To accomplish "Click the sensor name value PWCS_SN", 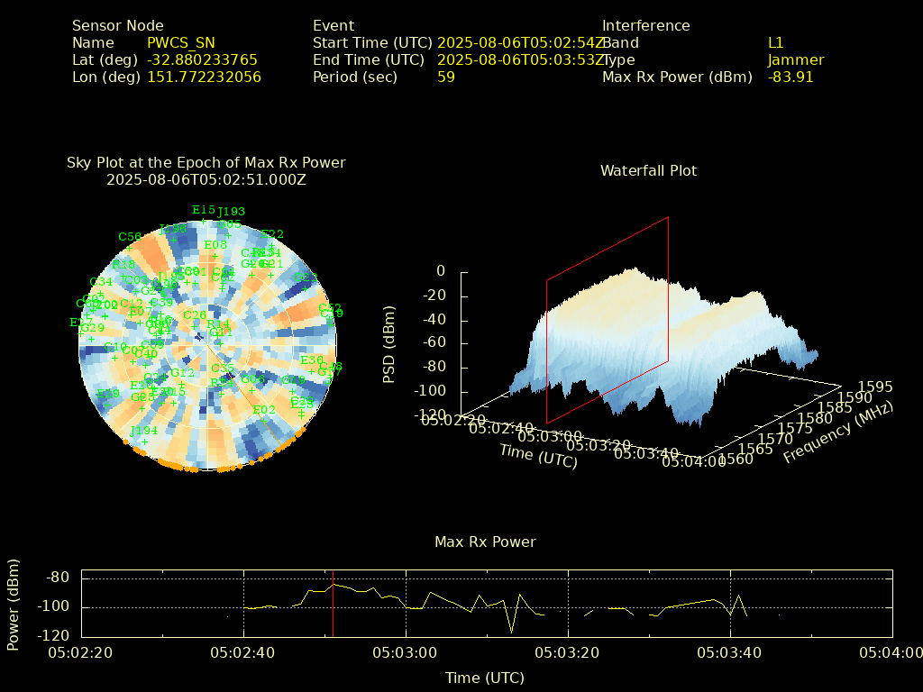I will (180, 42).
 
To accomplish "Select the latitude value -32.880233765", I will (202, 59).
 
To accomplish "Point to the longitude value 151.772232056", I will (204, 77).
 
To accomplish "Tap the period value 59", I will (445, 77).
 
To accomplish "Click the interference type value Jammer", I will (795, 59).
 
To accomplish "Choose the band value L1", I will (775, 42).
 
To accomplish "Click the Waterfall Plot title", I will (648, 170).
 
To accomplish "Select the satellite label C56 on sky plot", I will (130, 237).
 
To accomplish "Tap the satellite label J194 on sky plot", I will (143, 431).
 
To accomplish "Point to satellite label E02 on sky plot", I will (263, 410).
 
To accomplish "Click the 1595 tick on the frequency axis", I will (875, 387).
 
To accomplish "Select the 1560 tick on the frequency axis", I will (736, 459).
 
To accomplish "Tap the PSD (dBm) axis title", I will (389, 343).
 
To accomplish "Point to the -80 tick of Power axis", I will (59, 578).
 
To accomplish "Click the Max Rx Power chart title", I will (485, 542).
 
